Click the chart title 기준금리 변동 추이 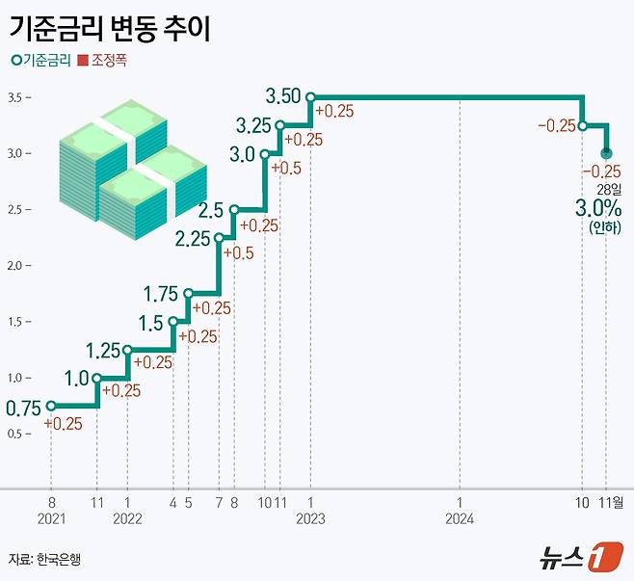point(110,27)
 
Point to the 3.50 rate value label point(284,96)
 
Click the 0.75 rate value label point(22,409)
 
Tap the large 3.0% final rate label point(597,208)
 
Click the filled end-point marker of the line point(606,152)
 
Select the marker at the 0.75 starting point point(50,406)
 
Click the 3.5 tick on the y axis point(16,97)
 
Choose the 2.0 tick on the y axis point(16,265)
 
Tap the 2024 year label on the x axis point(460,518)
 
